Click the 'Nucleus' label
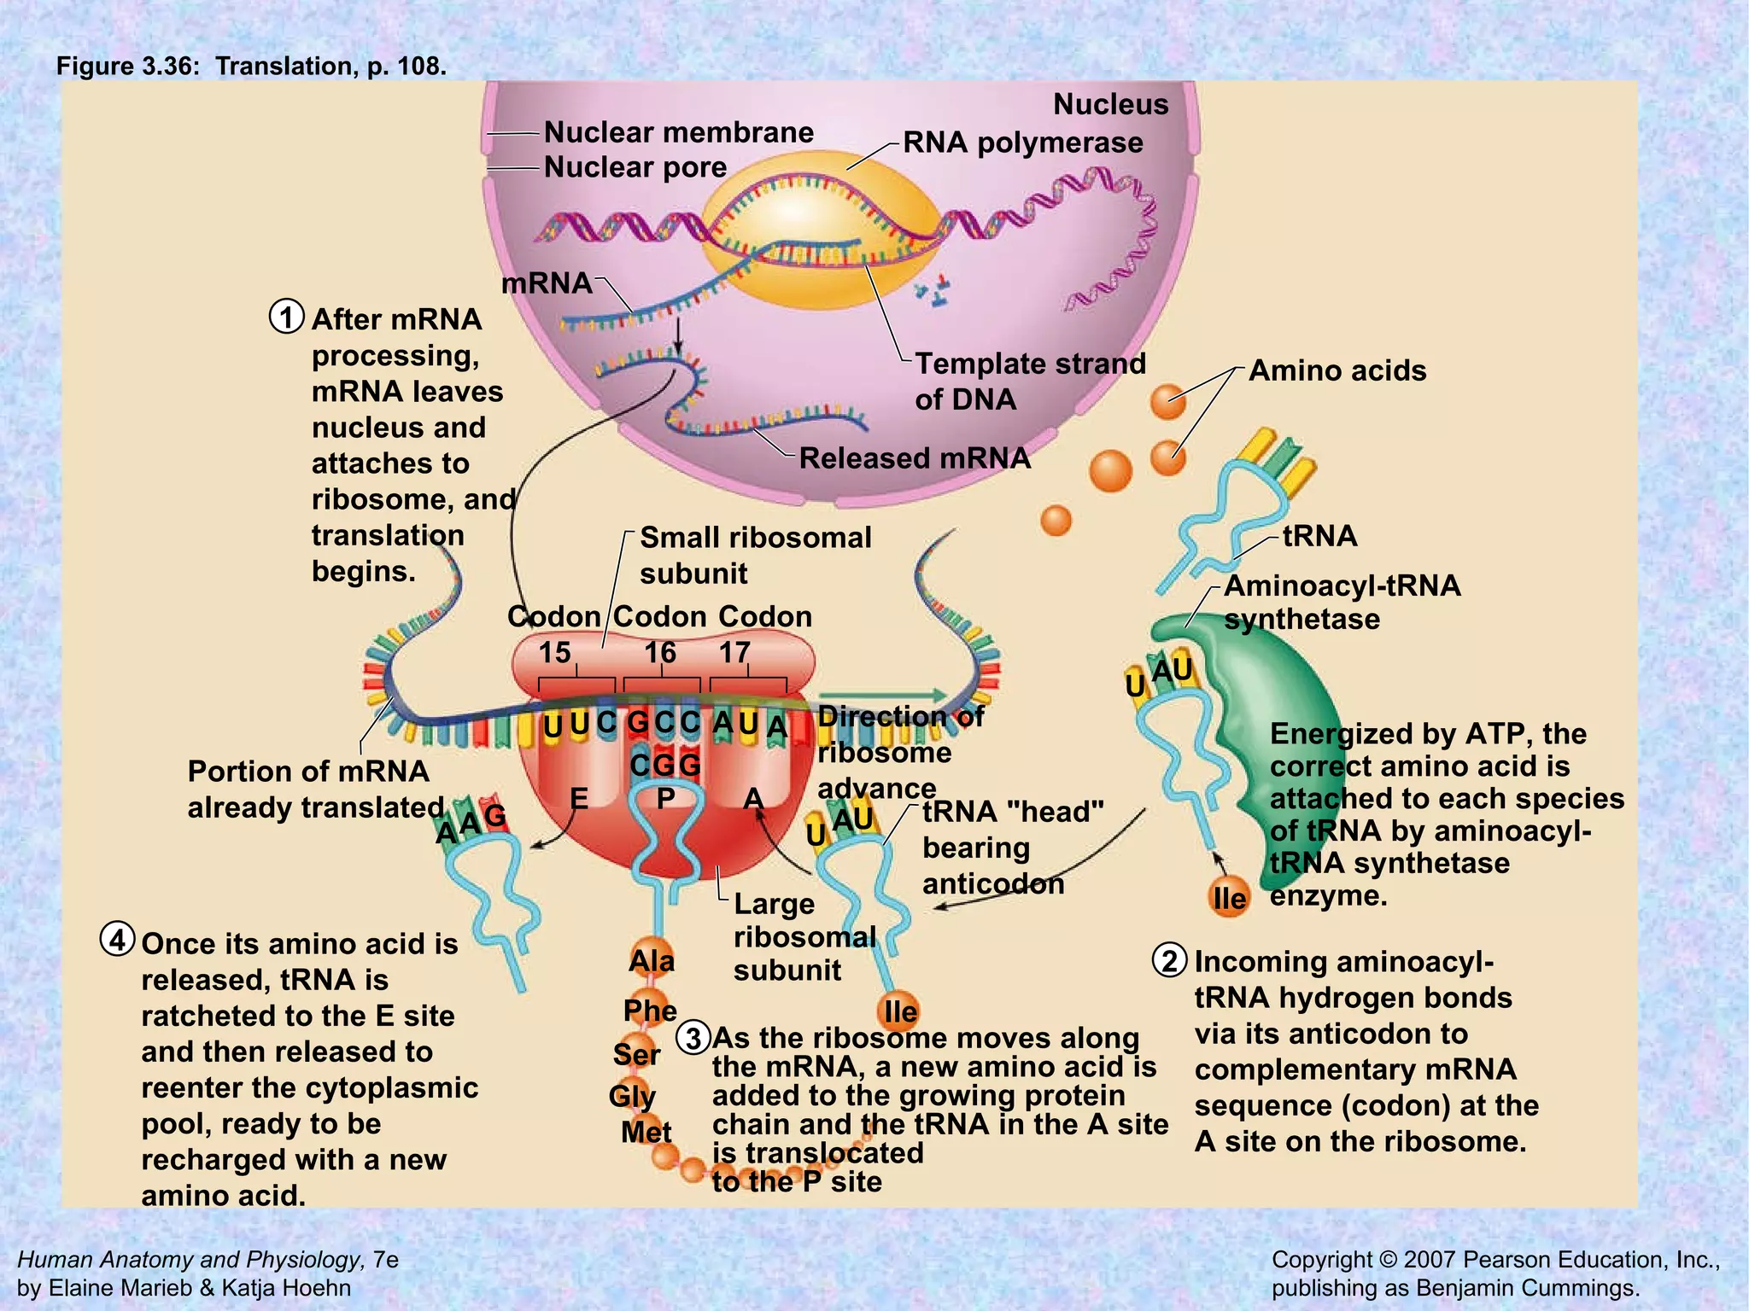[x=1110, y=104]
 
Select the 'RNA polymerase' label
[x=1022, y=143]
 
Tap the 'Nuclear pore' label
[x=635, y=167]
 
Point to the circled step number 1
[x=287, y=317]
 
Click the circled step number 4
[x=118, y=940]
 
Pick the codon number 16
[x=660, y=653]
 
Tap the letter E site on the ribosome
[x=579, y=799]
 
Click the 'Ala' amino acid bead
[x=652, y=960]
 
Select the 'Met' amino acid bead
[x=646, y=1132]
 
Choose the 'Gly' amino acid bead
[x=633, y=1095]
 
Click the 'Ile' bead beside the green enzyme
[x=1230, y=897]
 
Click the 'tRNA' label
[x=1319, y=536]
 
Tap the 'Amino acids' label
[x=1337, y=370]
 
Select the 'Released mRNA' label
[x=915, y=458]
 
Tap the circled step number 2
[x=1170, y=960]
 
